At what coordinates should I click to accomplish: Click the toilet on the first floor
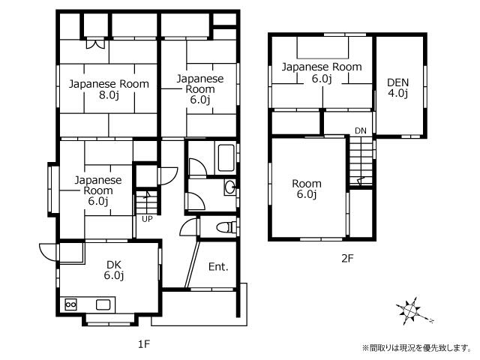pos(226,227)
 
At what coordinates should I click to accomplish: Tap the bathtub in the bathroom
pos(226,158)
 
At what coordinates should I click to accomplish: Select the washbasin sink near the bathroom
pos(230,187)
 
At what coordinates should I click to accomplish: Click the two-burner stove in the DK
pos(70,304)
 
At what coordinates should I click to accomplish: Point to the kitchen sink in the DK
pos(103,304)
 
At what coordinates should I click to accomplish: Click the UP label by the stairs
pos(147,219)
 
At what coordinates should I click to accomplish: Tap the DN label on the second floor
pos(361,130)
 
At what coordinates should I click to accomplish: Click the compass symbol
pos(411,311)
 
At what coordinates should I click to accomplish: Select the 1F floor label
pos(143,344)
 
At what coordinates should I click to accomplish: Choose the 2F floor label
pos(347,259)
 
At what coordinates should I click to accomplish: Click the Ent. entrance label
pos(218,267)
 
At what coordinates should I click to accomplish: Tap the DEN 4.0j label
pos(397,88)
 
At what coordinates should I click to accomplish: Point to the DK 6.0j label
pos(114,270)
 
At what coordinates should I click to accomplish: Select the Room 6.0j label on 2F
pos(307,188)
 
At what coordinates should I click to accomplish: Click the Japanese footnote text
pos(416,348)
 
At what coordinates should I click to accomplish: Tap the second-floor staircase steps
pos(361,160)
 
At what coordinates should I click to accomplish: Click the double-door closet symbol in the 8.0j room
pos(95,43)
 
